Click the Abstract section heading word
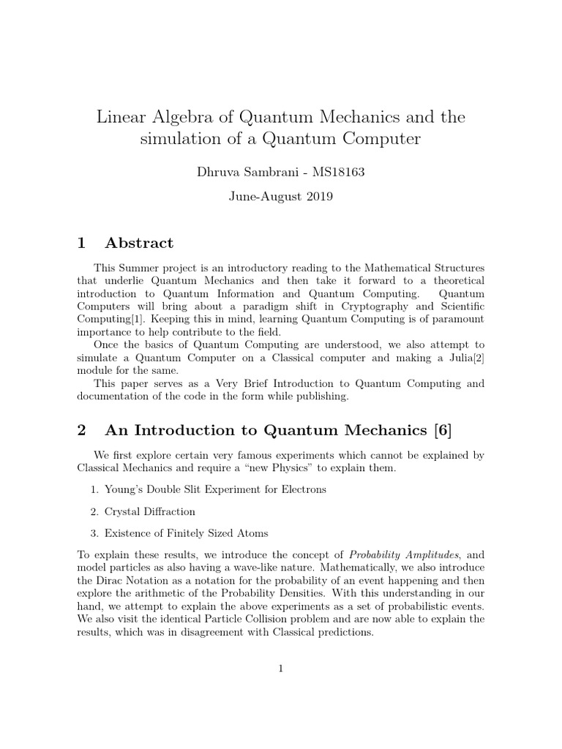click(139, 243)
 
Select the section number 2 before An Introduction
click(82, 429)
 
